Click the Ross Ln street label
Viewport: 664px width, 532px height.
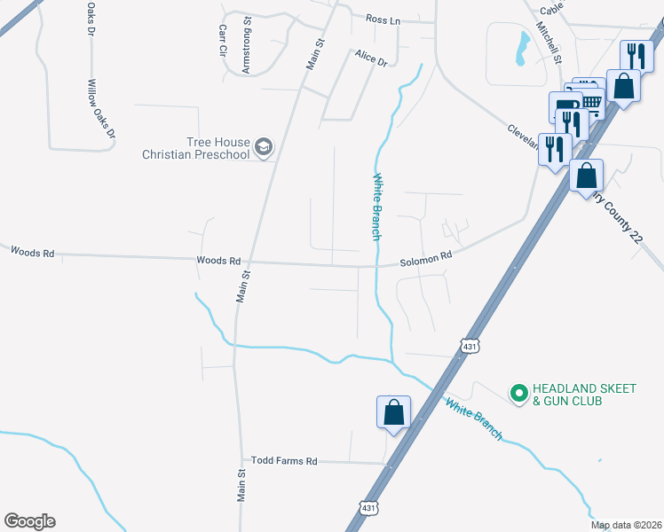pyautogui.click(x=383, y=18)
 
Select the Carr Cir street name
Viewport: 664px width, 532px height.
pyautogui.click(x=223, y=41)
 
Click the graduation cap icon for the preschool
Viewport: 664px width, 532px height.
pyautogui.click(x=263, y=147)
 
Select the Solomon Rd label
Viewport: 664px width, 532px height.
pyautogui.click(x=426, y=255)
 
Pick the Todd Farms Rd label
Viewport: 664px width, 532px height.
pyautogui.click(x=284, y=461)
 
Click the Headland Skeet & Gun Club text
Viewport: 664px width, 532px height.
pyautogui.click(x=567, y=395)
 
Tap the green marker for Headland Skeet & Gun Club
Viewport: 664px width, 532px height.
pyautogui.click(x=518, y=391)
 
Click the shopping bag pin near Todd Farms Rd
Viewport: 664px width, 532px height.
pyautogui.click(x=393, y=413)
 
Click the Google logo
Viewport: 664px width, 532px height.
pyautogui.click(x=29, y=521)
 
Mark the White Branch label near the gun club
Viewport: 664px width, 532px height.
pyautogui.click(x=473, y=419)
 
